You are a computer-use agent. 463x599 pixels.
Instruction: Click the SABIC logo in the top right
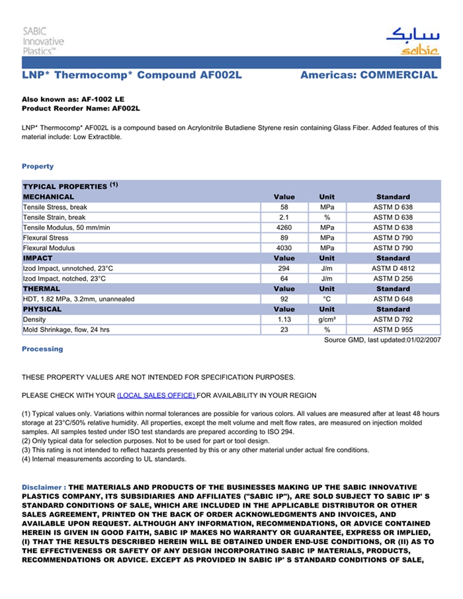pyautogui.click(x=411, y=42)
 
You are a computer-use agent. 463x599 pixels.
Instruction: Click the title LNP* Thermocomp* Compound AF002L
pyautogui.click(x=132, y=75)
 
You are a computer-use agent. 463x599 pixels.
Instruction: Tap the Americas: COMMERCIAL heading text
pyautogui.click(x=368, y=75)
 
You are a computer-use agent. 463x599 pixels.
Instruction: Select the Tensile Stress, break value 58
pyautogui.click(x=284, y=207)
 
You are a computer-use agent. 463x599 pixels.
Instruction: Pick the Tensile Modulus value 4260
pyautogui.click(x=284, y=227)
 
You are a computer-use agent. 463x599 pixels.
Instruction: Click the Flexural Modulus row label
pyautogui.click(x=49, y=248)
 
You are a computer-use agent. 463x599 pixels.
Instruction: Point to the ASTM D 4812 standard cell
pyautogui.click(x=393, y=268)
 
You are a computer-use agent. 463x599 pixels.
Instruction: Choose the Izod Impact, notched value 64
pyautogui.click(x=284, y=278)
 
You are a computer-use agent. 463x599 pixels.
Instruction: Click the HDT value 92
pyautogui.click(x=284, y=299)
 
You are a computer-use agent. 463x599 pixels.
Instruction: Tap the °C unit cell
pyautogui.click(x=327, y=299)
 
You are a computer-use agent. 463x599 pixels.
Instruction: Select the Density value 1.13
pyautogui.click(x=284, y=319)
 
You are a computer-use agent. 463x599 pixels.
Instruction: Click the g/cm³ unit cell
pyautogui.click(x=327, y=319)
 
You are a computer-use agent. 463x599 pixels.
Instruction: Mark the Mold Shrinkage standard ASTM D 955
pyautogui.click(x=393, y=329)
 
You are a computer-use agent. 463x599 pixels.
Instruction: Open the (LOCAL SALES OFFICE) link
pyautogui.click(x=156, y=395)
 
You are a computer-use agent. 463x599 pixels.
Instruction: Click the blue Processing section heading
pyautogui.click(x=42, y=349)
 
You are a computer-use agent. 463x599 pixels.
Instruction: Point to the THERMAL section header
pyautogui.click(x=42, y=289)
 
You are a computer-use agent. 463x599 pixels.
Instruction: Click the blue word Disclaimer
pyautogui.click(x=43, y=487)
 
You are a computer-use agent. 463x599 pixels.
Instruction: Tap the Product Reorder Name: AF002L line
pyautogui.click(x=81, y=108)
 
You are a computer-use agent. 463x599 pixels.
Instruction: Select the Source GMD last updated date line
pyautogui.click(x=382, y=340)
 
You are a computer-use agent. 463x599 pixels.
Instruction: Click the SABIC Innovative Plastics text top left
pyautogui.click(x=43, y=41)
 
